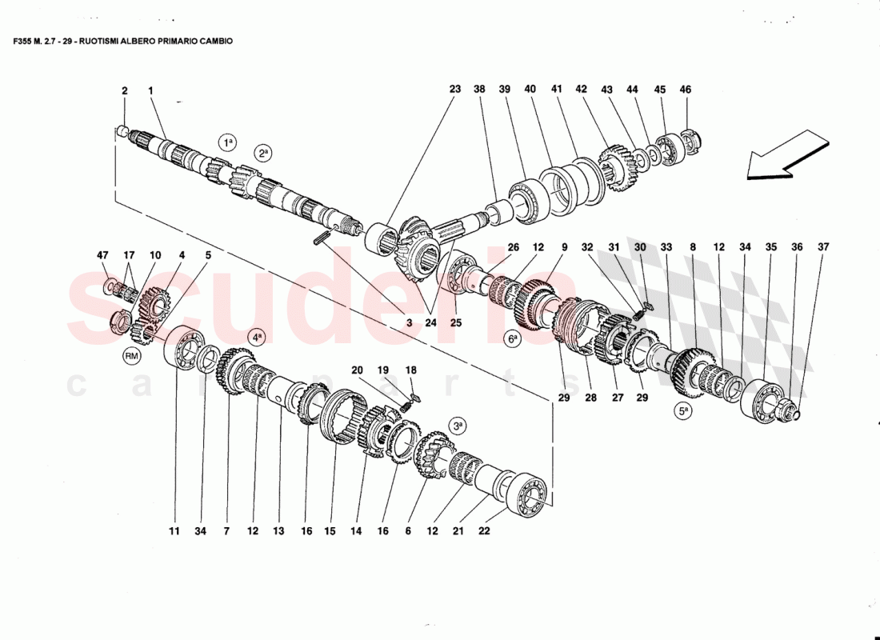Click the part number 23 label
click(455, 90)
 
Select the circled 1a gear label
click(228, 142)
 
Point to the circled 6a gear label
click(513, 338)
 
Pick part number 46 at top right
click(685, 90)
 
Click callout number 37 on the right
click(823, 247)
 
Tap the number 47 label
click(102, 255)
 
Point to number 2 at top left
click(125, 91)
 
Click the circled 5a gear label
click(683, 413)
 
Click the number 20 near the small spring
click(357, 370)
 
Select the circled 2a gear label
click(263, 152)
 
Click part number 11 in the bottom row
click(175, 530)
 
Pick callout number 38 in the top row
click(479, 90)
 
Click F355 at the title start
click(23, 40)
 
